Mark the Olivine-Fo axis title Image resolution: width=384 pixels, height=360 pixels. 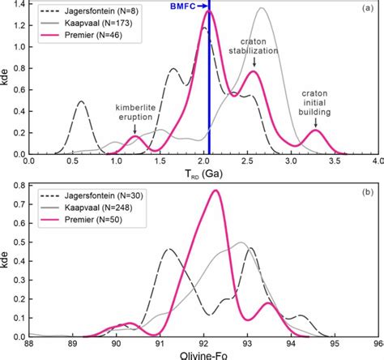click(203, 354)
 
